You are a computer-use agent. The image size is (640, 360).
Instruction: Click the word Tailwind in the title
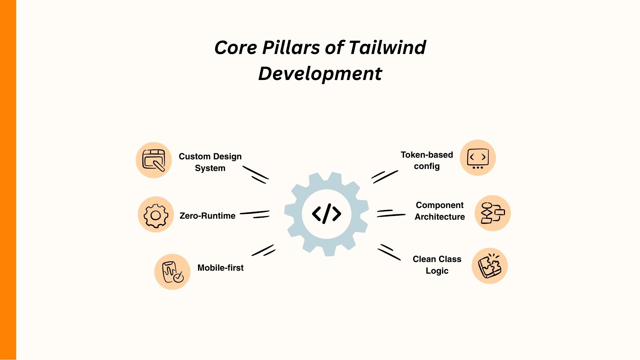click(387, 47)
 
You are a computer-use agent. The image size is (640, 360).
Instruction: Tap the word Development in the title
click(320, 73)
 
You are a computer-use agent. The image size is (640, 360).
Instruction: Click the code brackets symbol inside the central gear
click(326, 214)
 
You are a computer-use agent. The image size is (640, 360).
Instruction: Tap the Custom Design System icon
click(154, 160)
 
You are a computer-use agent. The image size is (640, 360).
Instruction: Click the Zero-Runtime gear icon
click(156, 215)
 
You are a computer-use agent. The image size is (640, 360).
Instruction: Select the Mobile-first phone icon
click(172, 272)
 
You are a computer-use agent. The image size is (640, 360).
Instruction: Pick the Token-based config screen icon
click(478, 158)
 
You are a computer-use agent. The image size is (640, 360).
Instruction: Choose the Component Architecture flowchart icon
click(492, 213)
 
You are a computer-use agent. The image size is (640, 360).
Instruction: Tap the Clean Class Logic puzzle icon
click(489, 266)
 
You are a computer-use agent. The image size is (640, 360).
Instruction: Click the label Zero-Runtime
click(207, 216)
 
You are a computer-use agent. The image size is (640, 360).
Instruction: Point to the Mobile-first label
click(220, 268)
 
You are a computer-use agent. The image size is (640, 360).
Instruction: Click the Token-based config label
click(427, 160)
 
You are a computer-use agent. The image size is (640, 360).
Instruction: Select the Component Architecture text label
click(440, 211)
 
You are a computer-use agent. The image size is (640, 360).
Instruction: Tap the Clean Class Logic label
click(437, 265)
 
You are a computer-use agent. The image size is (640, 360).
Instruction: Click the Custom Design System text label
click(210, 162)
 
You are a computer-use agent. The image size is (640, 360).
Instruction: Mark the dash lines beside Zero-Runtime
click(255, 214)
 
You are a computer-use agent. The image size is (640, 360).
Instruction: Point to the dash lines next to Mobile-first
click(263, 250)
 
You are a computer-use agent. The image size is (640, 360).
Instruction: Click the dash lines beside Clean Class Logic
click(389, 252)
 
